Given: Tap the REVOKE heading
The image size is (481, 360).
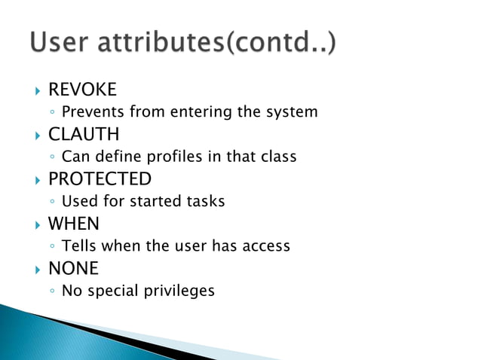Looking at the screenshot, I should pos(82,90).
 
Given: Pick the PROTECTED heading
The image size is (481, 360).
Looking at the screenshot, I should pos(100,179).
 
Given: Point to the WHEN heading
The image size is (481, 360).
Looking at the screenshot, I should pos(74,224).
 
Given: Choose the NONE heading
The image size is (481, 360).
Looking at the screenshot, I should pos(74,268).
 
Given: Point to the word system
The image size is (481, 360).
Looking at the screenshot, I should pos(293,112).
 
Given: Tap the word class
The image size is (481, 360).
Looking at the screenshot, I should pos(278,157).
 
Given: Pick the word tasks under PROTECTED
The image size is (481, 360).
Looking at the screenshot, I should pos(205,201).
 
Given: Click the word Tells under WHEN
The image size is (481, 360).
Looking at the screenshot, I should pos(80,246).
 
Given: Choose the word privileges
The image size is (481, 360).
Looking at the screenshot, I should pos(179,291).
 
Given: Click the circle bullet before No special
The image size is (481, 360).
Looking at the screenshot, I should pos(51,291).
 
